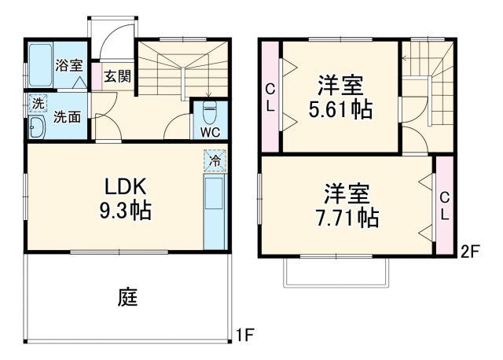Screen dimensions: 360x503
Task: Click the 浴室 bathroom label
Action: click(68, 67)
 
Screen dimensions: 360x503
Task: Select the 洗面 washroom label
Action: click(68, 118)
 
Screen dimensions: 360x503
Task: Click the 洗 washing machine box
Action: click(37, 103)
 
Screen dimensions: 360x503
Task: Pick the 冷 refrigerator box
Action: click(213, 160)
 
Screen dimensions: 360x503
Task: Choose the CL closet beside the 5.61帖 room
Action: click(270, 97)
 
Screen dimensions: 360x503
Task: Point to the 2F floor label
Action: click(469, 252)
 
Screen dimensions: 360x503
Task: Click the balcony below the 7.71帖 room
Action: click(336, 271)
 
